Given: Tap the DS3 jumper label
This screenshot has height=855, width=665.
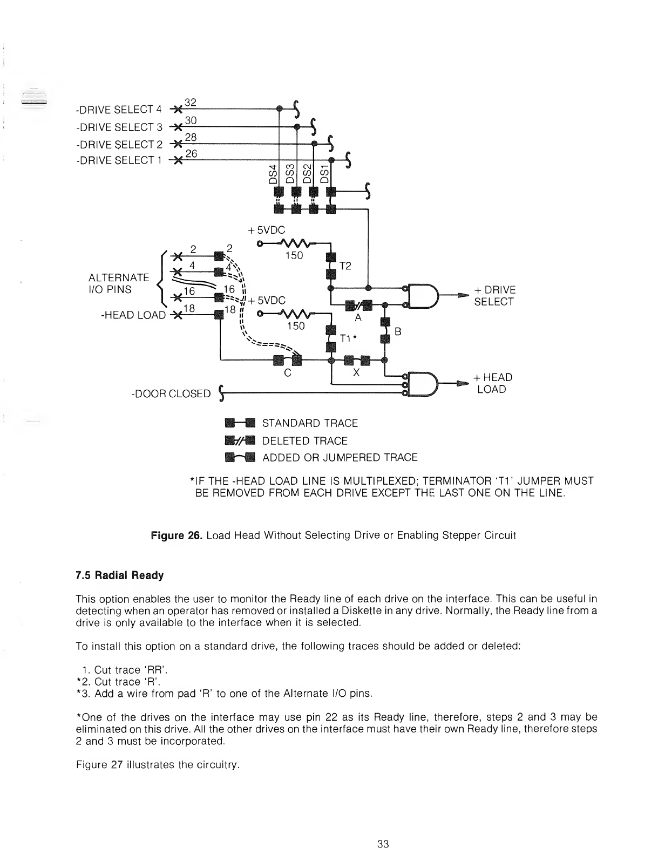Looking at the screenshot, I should [290, 173].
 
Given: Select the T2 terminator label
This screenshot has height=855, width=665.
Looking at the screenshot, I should [345, 266].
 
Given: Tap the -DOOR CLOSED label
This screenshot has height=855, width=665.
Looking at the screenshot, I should [171, 393].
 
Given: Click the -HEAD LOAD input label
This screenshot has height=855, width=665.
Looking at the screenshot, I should [133, 315].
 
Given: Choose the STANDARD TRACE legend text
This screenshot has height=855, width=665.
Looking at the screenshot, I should [310, 423].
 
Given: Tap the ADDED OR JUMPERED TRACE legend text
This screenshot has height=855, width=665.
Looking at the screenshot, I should [340, 458].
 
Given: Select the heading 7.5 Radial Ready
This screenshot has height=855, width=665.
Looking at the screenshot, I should [119, 575].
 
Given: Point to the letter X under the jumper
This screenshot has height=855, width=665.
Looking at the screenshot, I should [356, 372].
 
